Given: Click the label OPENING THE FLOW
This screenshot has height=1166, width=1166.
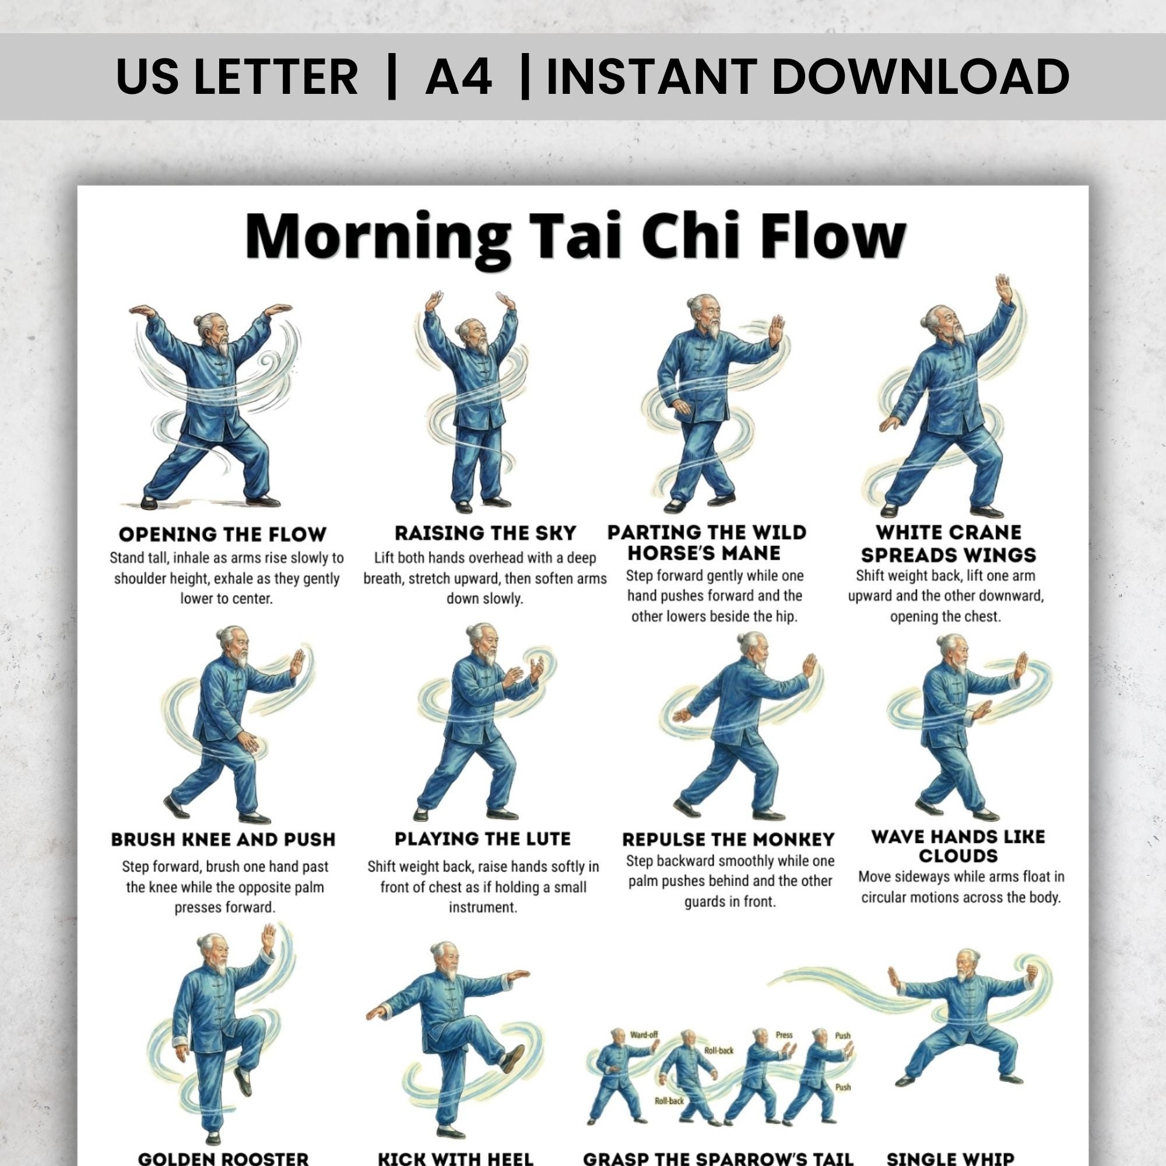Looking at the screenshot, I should [x=223, y=534].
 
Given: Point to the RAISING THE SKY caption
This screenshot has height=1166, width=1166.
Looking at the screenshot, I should [x=485, y=533].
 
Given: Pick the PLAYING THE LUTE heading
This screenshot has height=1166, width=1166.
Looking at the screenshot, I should [x=482, y=839].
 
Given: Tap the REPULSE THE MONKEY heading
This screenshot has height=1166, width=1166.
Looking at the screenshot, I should [x=728, y=840].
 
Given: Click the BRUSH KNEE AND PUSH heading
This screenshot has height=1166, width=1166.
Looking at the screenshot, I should [x=223, y=840].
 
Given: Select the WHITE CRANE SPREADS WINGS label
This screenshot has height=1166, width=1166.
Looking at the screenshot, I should [x=948, y=544].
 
